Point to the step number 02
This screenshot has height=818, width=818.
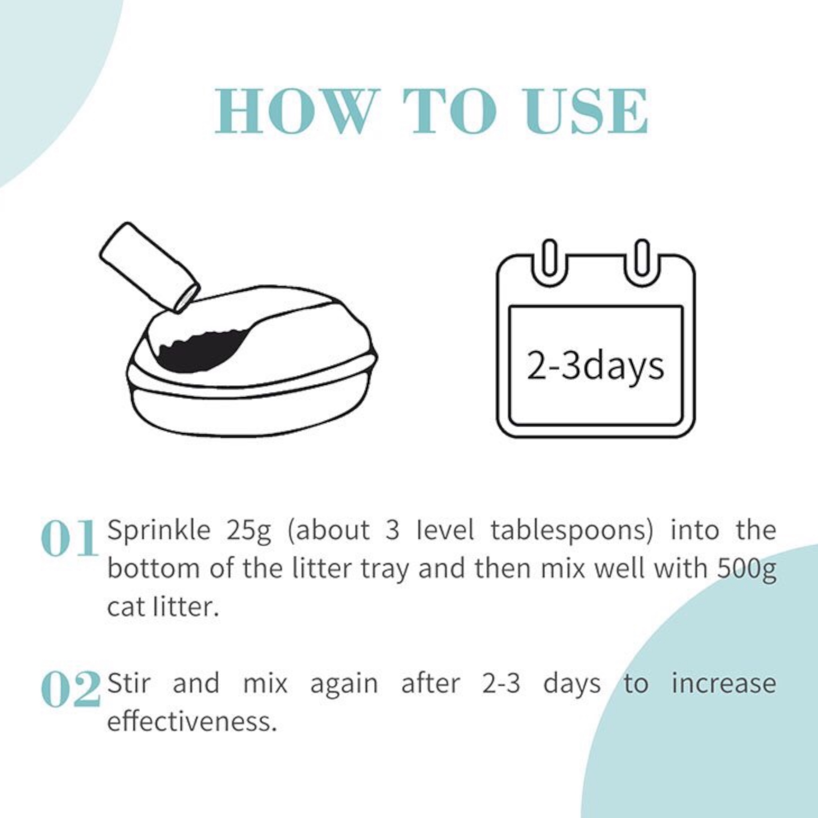coord(71,689)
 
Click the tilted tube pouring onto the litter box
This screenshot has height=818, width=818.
coord(149,268)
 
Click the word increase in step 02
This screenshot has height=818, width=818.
coord(724,683)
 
